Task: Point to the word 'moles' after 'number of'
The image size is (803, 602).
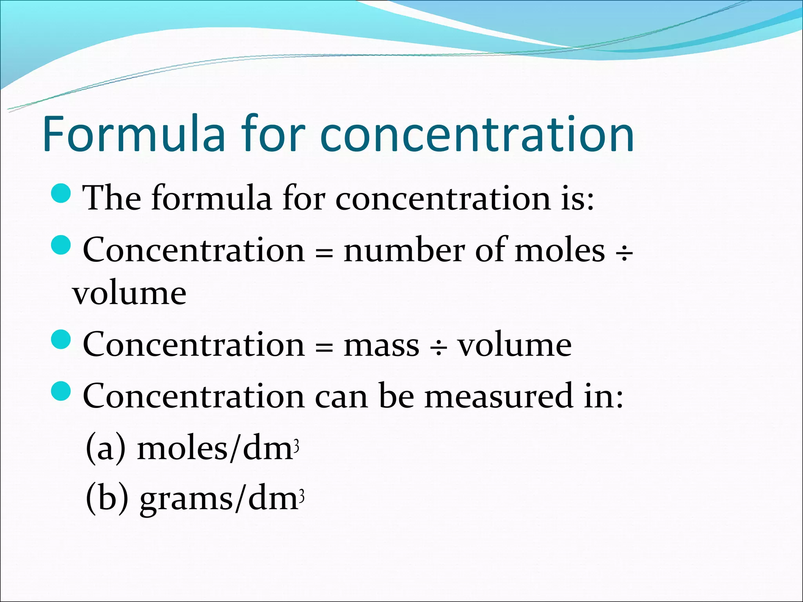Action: tap(560, 251)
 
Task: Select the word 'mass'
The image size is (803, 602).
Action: tap(381, 345)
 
